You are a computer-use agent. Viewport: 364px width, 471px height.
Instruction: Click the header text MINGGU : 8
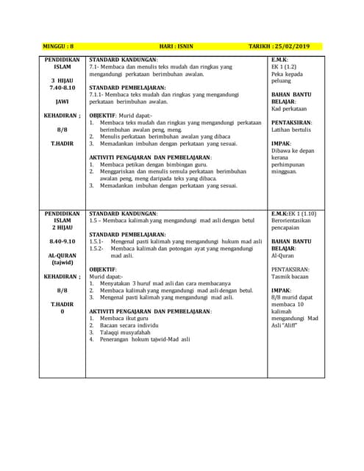(63, 46)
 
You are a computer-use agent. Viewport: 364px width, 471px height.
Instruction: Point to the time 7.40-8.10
(63, 88)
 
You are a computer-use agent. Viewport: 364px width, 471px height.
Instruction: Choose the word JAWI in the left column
(63, 102)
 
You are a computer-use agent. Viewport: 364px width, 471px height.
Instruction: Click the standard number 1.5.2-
(97, 249)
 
